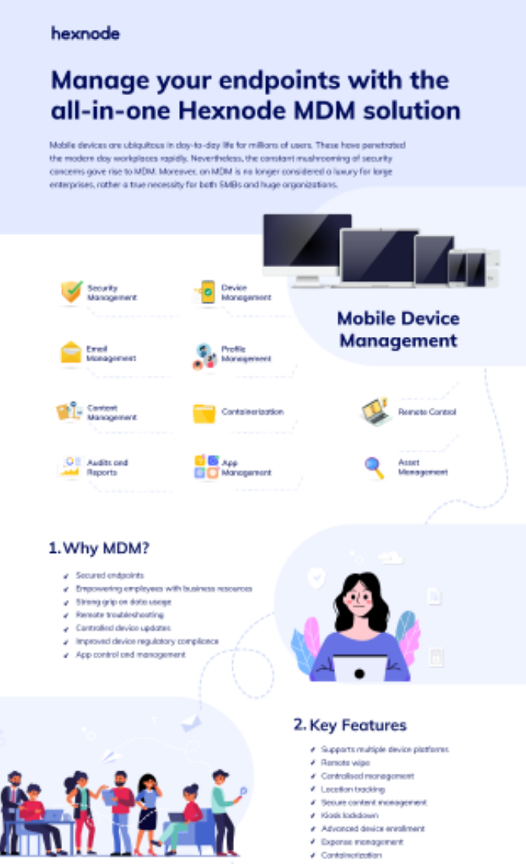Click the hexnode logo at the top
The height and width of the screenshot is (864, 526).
tap(86, 33)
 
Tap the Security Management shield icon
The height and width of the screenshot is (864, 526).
tap(71, 292)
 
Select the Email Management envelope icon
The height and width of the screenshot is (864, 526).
tap(71, 352)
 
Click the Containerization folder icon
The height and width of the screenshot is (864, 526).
tap(204, 412)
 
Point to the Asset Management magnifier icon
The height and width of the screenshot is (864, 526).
tap(374, 467)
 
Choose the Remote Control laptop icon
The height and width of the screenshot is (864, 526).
tap(375, 412)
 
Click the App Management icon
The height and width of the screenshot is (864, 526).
tap(206, 467)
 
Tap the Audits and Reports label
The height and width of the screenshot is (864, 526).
tap(108, 467)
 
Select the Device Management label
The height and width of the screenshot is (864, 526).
tap(246, 293)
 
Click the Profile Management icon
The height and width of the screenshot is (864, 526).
tap(205, 355)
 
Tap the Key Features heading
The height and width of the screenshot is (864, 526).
tap(350, 724)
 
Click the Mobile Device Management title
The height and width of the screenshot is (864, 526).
tap(398, 329)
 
